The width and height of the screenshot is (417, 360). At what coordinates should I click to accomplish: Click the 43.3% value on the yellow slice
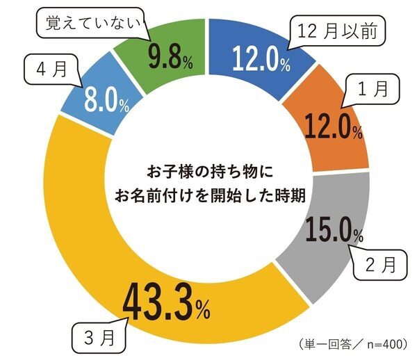167,304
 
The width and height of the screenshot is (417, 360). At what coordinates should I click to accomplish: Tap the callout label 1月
371,89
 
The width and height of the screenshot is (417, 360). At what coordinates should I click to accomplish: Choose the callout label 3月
99,341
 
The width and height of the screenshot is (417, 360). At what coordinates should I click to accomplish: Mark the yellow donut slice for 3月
76,229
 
